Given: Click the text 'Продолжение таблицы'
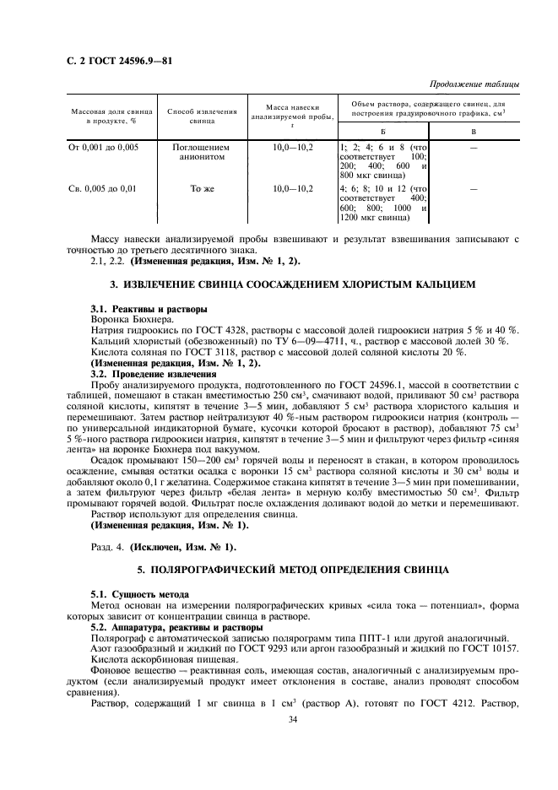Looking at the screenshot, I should (x=474, y=84).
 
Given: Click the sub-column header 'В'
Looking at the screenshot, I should (x=473, y=132).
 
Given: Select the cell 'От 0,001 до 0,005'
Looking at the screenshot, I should (x=104, y=147).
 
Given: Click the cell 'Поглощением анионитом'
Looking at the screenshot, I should (x=201, y=152).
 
